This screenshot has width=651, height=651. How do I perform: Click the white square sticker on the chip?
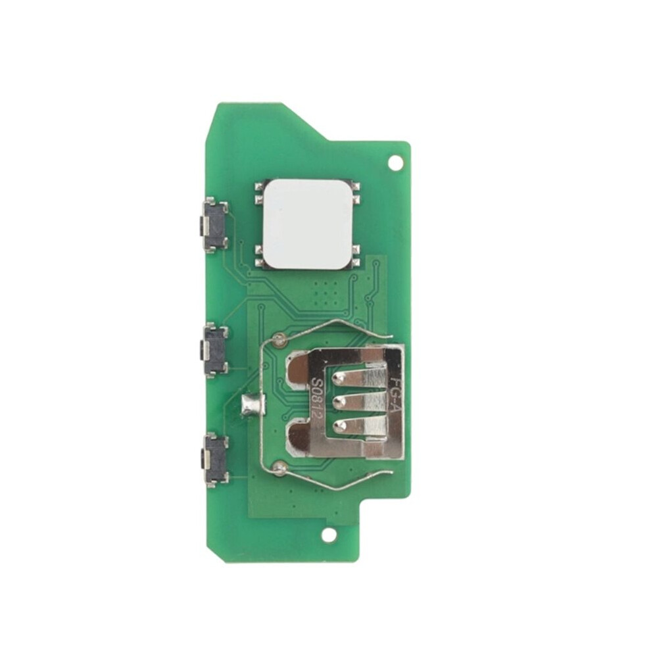coord(308,224)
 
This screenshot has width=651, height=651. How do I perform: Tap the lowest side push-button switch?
coord(214,460)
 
